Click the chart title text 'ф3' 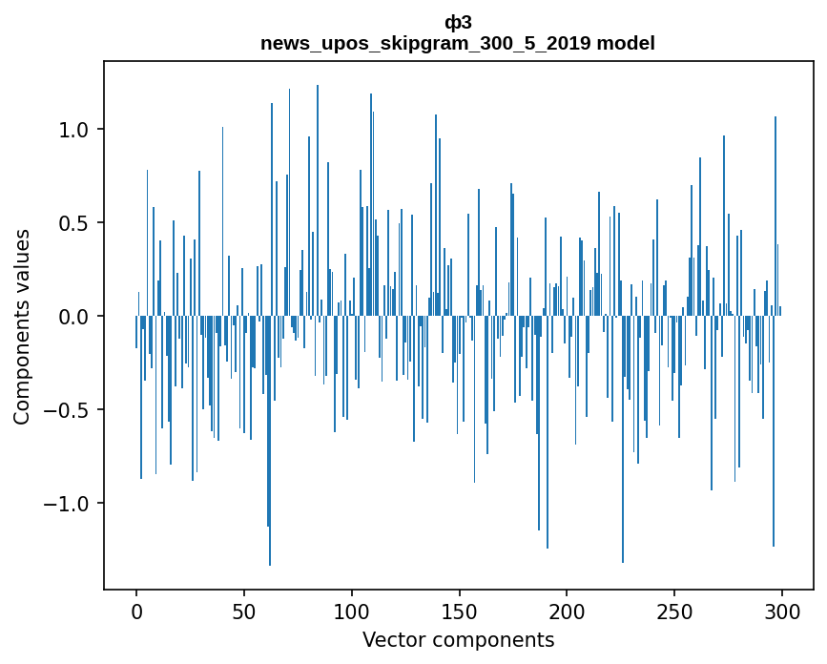coord(458,23)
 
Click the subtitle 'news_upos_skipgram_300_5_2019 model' coord(458,43)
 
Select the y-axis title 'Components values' coord(22,326)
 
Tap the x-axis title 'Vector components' coord(458,639)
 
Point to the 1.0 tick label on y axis coord(74,130)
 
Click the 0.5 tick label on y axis coord(74,223)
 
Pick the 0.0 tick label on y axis coord(74,317)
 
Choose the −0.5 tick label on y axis coord(69,410)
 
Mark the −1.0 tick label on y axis coord(69,504)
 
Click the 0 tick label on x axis coord(136,611)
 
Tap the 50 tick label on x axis coord(244,611)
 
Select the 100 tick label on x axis coord(352,611)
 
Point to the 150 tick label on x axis coord(460,611)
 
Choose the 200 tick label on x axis coord(567,611)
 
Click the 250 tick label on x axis coord(674,611)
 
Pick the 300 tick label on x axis coord(782,611)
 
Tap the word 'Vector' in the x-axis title coord(390,639)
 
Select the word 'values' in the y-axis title coord(22,256)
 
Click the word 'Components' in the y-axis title coord(22,358)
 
